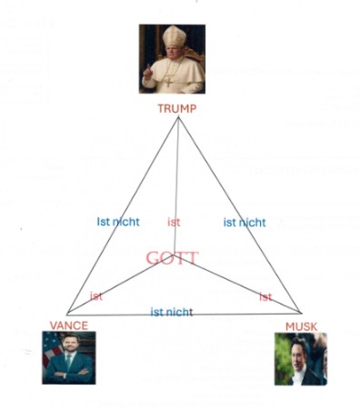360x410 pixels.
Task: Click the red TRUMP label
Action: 176,108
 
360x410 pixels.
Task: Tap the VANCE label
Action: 68,325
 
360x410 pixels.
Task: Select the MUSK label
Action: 301,325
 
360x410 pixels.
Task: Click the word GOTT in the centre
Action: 173,257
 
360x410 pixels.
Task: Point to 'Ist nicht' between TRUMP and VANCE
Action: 118,222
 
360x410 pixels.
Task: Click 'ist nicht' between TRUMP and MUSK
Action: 245,222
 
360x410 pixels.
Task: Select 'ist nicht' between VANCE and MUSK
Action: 171,312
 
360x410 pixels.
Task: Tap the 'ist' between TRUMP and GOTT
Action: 174,222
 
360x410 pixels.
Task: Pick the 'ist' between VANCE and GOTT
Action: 96,295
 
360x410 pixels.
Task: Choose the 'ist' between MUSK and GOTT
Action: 265,296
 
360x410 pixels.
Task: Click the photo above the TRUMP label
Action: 172,59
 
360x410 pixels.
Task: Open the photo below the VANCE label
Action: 67,357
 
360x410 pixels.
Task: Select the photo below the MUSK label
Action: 300,359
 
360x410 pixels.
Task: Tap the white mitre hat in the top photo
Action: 173,38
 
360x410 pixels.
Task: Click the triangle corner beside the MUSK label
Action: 301,315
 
